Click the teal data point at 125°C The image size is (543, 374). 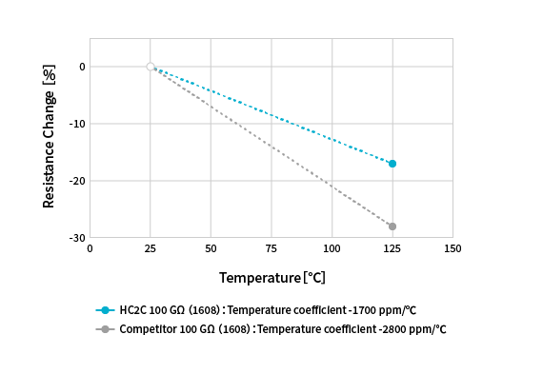(x=392, y=164)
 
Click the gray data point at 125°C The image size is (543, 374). (x=392, y=226)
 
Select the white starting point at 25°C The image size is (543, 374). (x=151, y=67)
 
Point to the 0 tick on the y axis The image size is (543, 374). (x=83, y=67)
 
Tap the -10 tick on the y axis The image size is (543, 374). (x=80, y=124)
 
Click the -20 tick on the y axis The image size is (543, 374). (x=80, y=181)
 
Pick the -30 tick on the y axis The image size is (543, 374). (x=80, y=238)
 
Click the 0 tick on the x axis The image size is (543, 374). (x=90, y=249)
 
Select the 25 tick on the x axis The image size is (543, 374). (x=151, y=249)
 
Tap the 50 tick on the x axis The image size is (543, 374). (x=211, y=249)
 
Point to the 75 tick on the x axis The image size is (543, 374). (x=271, y=249)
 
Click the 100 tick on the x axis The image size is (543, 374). (x=332, y=249)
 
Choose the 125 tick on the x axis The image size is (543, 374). (x=392, y=249)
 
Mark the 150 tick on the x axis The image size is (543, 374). (x=452, y=249)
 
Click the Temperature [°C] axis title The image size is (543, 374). (x=271, y=278)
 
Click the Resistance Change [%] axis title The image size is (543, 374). (x=49, y=137)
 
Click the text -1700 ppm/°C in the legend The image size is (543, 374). (x=385, y=310)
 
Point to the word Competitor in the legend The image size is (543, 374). (x=148, y=329)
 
